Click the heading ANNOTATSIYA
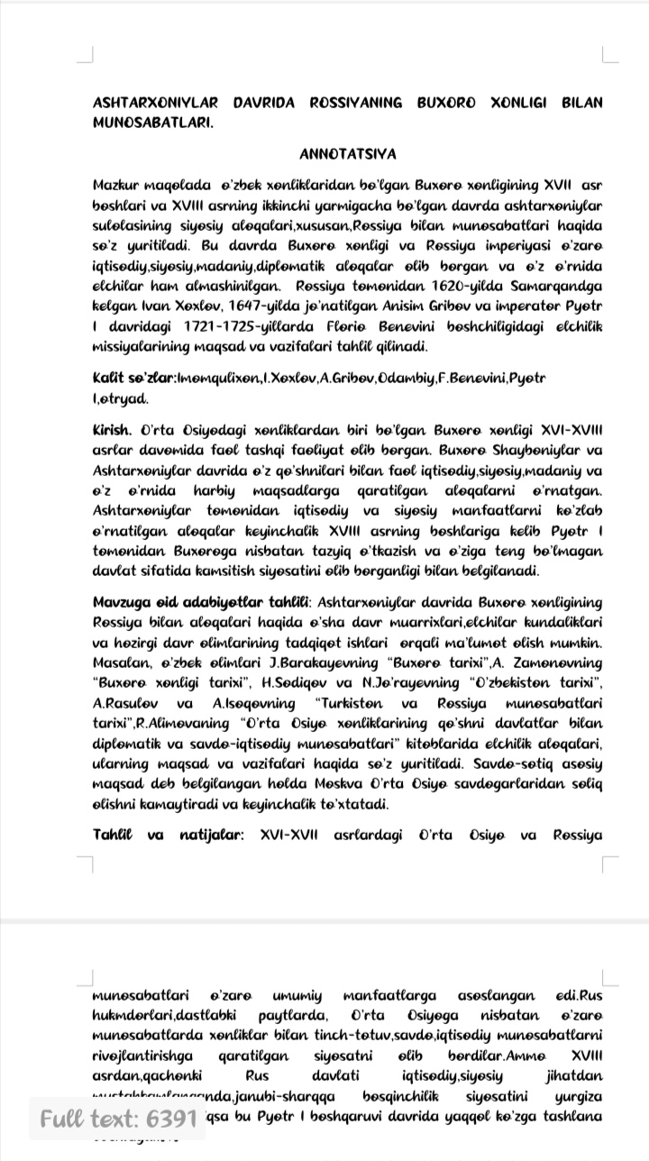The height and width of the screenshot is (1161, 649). (348, 154)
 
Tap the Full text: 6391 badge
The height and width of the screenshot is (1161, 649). (118, 1120)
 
